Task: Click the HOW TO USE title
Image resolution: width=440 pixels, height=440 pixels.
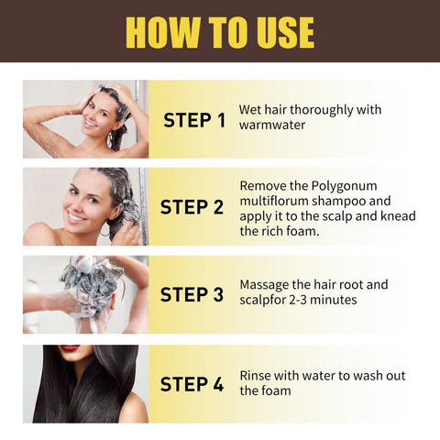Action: click(x=220, y=31)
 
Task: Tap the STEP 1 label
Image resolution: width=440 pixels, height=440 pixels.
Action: click(x=193, y=120)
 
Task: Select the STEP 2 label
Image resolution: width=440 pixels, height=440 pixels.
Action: click(x=192, y=207)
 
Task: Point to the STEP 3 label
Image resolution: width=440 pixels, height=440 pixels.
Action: click(x=192, y=295)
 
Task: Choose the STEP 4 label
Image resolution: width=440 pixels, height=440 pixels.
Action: click(x=192, y=384)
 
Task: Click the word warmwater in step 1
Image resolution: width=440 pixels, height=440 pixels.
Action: click(x=271, y=126)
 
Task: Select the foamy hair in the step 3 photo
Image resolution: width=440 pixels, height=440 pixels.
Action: click(x=92, y=280)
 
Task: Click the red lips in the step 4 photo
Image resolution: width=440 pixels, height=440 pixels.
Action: click(x=70, y=348)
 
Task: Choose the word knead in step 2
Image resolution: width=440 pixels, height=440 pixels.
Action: click(x=398, y=215)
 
